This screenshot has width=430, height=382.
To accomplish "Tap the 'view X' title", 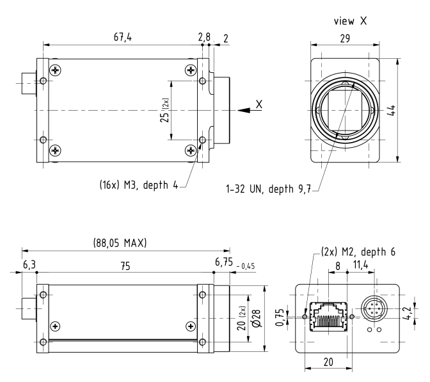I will click(350, 21).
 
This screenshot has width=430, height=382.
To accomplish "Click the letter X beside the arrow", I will click(259, 103).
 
